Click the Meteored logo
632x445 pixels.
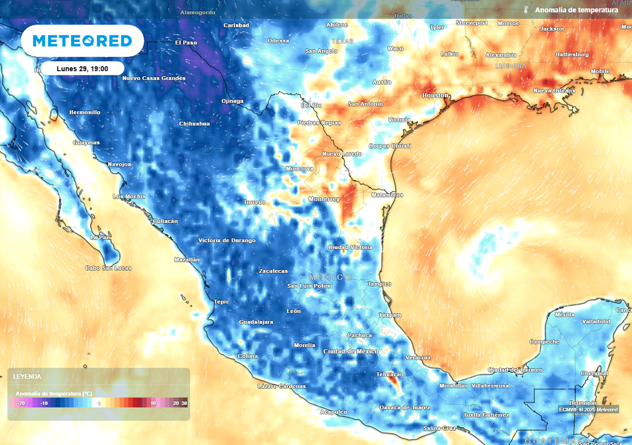tap(82, 41)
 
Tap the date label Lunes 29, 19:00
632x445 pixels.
tap(83, 69)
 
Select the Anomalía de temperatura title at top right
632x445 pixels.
tap(576, 10)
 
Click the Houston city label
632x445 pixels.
tap(436, 96)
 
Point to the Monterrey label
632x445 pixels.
tap(324, 199)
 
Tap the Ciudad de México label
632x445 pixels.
tap(351, 351)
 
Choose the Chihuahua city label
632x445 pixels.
tap(194, 124)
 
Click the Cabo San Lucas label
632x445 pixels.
tap(108, 268)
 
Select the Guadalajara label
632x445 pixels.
tap(256, 323)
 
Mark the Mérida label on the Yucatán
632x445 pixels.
tap(564, 315)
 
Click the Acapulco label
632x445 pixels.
tap(333, 411)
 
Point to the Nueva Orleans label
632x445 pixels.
tap(554, 91)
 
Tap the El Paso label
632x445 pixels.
tap(186, 43)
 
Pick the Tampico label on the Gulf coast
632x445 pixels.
tap(379, 284)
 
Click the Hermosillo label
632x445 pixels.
tap(84, 112)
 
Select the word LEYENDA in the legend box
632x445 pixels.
tap(27, 376)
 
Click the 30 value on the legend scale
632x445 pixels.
tap(184, 403)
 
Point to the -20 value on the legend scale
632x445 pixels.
tap(22, 403)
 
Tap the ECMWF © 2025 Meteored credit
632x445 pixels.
tap(588, 409)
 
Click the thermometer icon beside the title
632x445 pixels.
tap(526, 10)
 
